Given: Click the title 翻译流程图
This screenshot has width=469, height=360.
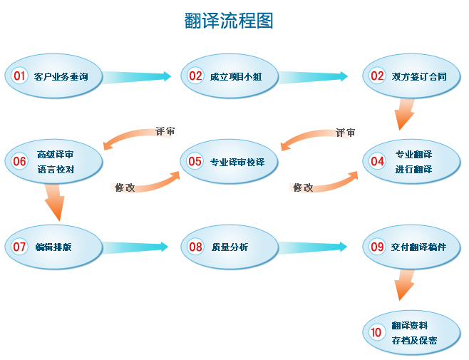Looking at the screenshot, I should pos(228,21).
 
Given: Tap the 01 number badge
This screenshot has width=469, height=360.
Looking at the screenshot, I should pos(19,76).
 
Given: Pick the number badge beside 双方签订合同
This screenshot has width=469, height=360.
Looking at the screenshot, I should pos(377,76).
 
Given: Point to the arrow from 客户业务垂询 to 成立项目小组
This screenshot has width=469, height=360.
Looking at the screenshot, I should pos(138,76).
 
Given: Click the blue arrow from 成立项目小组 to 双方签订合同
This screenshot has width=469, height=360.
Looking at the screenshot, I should pos(314,76).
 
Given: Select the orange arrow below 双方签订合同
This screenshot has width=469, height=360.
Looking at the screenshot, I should pos(405,113).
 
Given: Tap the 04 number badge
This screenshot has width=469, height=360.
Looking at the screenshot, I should pos(377,161).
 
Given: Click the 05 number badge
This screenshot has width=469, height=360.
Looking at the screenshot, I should pos(195,161).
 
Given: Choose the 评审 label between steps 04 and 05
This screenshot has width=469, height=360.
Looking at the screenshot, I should pos(345,133).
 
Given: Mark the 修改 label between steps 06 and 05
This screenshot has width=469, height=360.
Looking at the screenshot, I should pos(125,187).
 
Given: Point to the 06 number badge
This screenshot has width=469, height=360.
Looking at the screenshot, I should pos(19,161).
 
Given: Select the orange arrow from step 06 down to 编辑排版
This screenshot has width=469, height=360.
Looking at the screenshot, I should pos(54,201).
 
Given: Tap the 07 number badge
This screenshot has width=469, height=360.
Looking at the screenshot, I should pos(19,247).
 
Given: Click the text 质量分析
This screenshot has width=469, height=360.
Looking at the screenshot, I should pos(230,247).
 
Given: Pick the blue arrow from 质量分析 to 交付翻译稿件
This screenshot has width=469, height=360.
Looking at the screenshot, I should pos(314,247).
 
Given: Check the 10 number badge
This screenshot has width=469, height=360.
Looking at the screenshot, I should pos(377,331).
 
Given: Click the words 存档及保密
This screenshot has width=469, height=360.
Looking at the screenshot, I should pos(414,340).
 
